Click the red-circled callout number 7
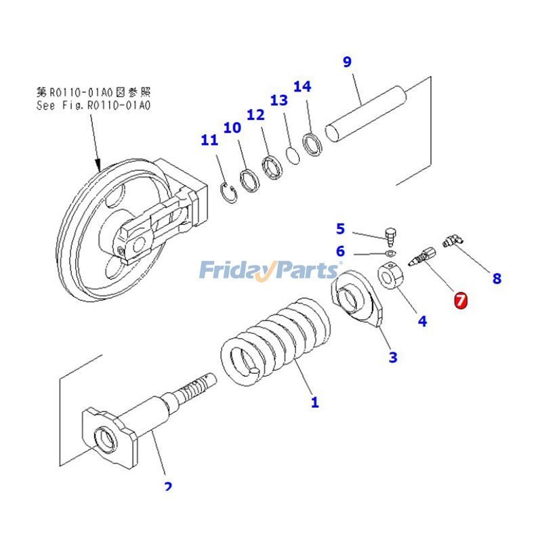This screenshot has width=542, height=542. click(461, 299)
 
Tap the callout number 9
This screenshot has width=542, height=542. click(347, 62)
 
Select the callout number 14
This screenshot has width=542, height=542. click(302, 87)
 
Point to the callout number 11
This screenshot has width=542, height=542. click(209, 140)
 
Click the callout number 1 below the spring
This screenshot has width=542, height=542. click(314, 402)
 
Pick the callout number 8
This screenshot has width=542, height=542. click(497, 278)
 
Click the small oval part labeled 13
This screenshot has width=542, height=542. click(292, 154)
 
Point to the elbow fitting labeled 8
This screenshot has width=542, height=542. click(452, 241)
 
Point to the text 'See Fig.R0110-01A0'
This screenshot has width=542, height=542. click(93, 106)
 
